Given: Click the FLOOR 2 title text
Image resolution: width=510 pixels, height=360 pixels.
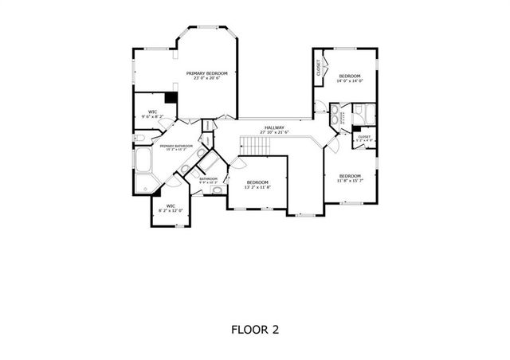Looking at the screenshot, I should (255, 328).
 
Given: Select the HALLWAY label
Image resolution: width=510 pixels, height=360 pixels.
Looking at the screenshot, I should (274, 127).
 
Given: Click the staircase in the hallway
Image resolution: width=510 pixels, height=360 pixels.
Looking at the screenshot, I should (257, 145).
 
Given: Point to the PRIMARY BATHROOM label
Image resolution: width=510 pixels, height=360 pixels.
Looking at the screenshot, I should (176, 146).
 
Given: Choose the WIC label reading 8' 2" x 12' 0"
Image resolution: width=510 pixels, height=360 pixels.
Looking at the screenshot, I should (170, 206).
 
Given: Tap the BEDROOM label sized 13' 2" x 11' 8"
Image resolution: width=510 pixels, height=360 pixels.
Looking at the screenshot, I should (257, 182).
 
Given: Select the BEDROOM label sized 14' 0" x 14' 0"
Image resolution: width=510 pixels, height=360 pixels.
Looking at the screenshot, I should (349, 76).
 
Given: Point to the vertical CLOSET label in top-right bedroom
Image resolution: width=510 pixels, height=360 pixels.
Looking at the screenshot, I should (319, 68).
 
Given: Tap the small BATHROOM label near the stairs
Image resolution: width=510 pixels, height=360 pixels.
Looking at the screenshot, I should (208, 179).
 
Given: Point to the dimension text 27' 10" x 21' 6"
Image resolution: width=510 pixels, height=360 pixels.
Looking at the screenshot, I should (274, 131).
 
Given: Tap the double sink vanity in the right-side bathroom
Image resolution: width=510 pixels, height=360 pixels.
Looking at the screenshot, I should (335, 114).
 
